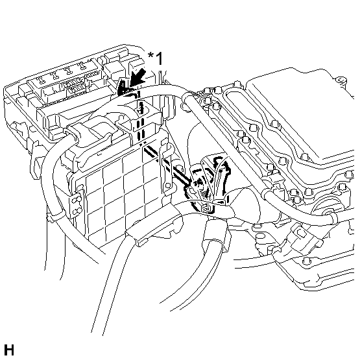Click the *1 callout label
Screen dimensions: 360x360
coord(156,59)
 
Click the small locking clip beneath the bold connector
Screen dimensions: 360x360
coord(206,208)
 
